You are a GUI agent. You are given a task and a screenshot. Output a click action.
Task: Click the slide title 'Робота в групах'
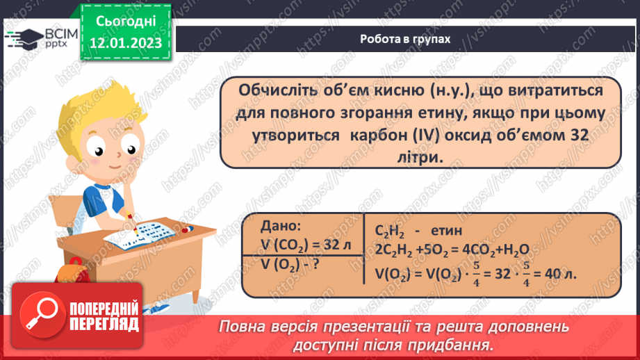coord(405,40)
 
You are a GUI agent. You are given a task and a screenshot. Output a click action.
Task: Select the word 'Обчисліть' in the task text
coord(277,91)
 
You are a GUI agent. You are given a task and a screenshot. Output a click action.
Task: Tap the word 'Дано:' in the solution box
coord(281,226)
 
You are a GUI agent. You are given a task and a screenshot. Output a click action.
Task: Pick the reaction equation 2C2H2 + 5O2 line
coord(452,249)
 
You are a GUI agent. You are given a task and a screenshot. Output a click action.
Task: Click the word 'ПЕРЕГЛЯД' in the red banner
coord(105,324)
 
